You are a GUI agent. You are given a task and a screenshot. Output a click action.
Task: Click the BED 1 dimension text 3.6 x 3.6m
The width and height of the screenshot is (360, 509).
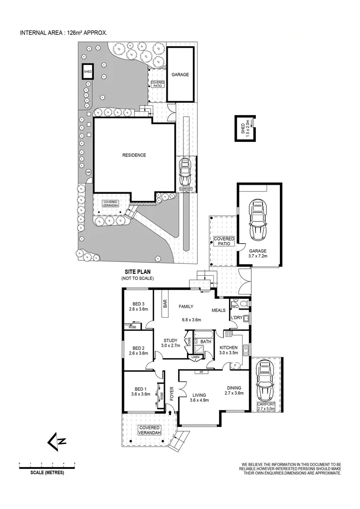tap(140, 394)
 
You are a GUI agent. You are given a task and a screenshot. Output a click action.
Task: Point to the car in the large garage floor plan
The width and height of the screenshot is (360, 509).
tap(258, 220)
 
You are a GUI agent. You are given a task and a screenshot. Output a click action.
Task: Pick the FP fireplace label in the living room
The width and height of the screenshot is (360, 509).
tap(201, 372)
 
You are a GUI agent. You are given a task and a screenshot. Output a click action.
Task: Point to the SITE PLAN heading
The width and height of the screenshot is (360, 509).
tap(137, 272)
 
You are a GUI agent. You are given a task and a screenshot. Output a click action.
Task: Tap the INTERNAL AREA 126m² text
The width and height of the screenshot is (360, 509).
tap(63, 33)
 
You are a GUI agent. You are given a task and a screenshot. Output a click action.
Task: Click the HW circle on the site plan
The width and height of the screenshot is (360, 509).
tap(88, 172)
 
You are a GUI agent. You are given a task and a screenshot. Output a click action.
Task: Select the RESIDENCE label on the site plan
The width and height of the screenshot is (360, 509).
tap(134, 155)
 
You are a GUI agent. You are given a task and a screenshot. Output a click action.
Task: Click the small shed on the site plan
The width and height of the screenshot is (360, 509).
tap(88, 72)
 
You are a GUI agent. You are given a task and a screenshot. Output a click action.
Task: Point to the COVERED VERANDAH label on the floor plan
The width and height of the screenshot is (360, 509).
tap(150, 429)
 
